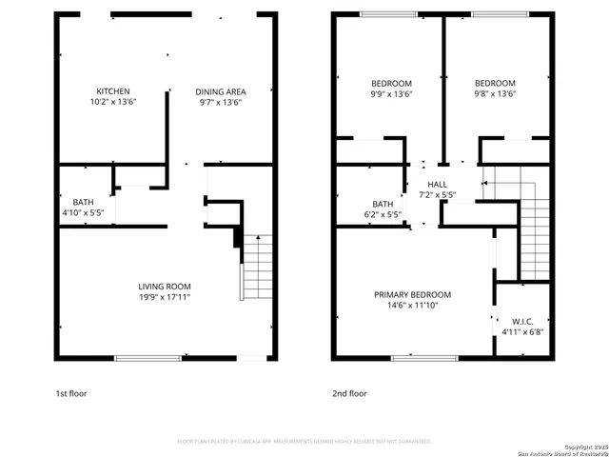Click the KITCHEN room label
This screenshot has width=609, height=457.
coord(112,91)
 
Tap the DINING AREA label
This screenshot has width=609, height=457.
coord(220,91)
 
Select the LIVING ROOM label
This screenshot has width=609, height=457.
coord(165,286)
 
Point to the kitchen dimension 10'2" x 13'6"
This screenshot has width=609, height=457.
coord(112,102)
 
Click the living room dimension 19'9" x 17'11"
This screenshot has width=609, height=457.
coord(165,296)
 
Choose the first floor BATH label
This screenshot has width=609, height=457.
coord(83,202)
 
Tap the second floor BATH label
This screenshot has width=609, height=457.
coord(383,204)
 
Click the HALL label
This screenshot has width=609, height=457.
coord(437,184)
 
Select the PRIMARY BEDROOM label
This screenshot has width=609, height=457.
coord(412,294)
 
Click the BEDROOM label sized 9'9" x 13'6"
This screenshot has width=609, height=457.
coord(391,83)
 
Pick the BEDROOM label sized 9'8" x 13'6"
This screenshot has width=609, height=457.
coord(495,83)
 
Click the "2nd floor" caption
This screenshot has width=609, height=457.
coord(348,392)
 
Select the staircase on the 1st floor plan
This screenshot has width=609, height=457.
coord(254,268)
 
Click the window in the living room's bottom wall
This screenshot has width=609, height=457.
coord(147,358)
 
